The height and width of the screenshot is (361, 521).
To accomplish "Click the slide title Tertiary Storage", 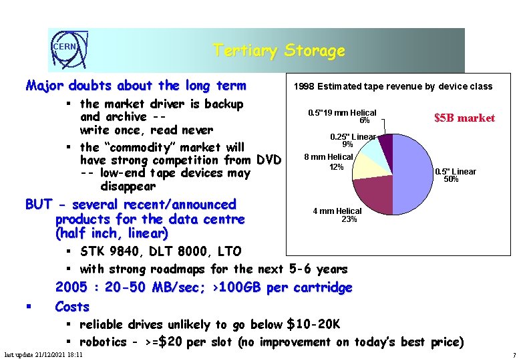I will point(279,51).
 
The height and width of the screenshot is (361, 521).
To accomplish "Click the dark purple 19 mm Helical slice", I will point(385,142).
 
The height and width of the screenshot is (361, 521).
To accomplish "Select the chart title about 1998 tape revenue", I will point(393,86).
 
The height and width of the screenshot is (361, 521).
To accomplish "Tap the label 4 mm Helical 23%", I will point(337,215).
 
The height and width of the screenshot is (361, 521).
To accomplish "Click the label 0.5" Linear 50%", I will point(456,175).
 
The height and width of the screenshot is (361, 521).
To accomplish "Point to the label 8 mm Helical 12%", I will point(329,161).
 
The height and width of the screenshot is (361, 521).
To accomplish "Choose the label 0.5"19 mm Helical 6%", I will point(342,116).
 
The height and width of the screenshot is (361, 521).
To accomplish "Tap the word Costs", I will point(72,307).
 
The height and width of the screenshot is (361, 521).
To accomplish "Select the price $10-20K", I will point(313,325).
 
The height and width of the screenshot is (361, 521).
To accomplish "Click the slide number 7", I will point(514,355).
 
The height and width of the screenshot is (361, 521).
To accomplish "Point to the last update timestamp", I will point(43,354).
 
